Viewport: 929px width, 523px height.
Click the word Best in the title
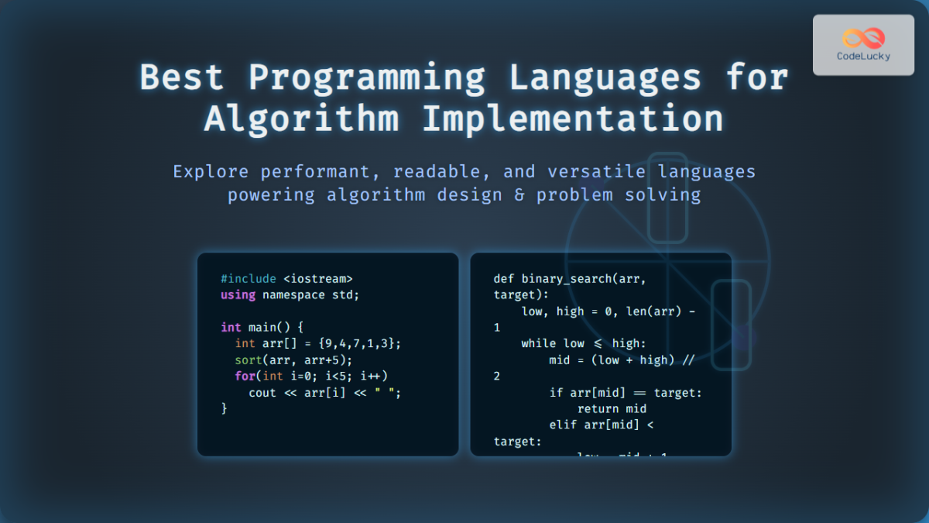pos(181,78)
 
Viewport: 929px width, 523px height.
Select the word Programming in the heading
pos(366,78)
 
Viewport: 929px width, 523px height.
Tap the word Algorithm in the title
pos(302,119)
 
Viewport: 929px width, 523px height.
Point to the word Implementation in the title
pos(573,119)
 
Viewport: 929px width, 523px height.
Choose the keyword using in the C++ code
pos(238,295)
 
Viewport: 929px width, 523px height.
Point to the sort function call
pos(249,360)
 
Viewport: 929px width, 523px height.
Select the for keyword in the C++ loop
pos(245,376)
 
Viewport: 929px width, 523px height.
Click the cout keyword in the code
pos(262,393)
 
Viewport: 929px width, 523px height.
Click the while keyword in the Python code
pos(538,343)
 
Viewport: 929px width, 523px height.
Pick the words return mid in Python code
pos(612,408)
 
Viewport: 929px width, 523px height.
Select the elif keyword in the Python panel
pos(563,425)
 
